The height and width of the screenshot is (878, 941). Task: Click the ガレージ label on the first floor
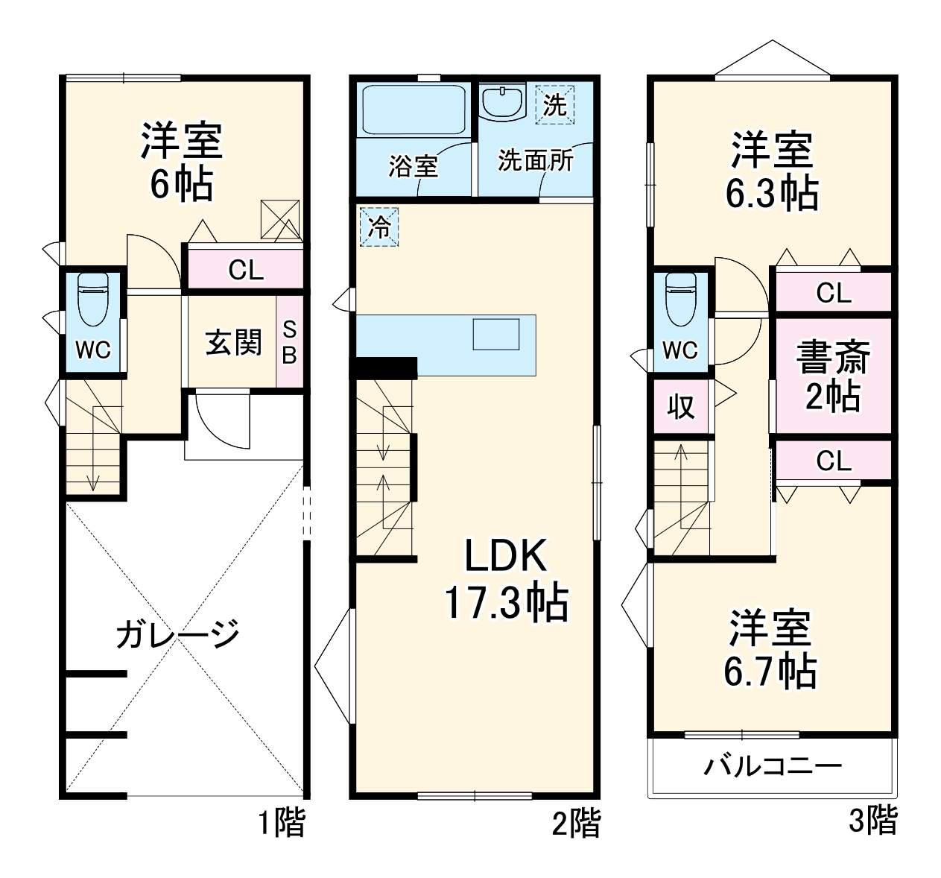click(177, 634)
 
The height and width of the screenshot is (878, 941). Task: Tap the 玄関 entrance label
click(233, 343)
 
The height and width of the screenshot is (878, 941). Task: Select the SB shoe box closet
click(289, 343)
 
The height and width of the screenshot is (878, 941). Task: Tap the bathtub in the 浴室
click(414, 110)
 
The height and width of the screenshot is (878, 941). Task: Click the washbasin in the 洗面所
click(502, 102)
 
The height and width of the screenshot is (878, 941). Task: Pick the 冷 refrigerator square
click(379, 227)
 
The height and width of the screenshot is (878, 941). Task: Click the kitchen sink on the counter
click(496, 334)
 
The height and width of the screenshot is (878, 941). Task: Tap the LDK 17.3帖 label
click(507, 580)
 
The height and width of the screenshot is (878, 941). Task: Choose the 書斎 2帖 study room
click(832, 376)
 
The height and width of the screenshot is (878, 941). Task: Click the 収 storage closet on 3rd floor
click(680, 406)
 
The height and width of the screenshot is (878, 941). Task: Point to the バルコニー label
click(773, 766)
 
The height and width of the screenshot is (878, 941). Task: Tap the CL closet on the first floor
click(245, 270)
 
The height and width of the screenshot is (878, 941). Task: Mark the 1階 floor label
click(282, 824)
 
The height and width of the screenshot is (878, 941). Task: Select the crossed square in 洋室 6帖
click(280, 219)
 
